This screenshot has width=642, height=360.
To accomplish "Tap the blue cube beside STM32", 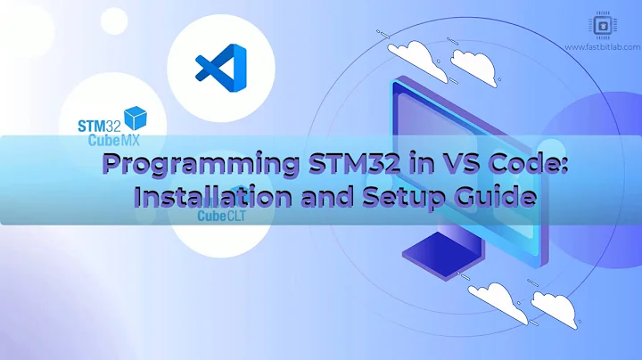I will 136,119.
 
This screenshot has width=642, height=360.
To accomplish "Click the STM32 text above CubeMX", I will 101,123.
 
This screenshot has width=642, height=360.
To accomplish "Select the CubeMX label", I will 114,140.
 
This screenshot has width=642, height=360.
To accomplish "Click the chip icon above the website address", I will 602,27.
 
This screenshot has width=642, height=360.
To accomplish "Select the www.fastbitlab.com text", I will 602,45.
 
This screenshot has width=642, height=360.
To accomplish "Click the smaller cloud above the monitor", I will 473,61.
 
